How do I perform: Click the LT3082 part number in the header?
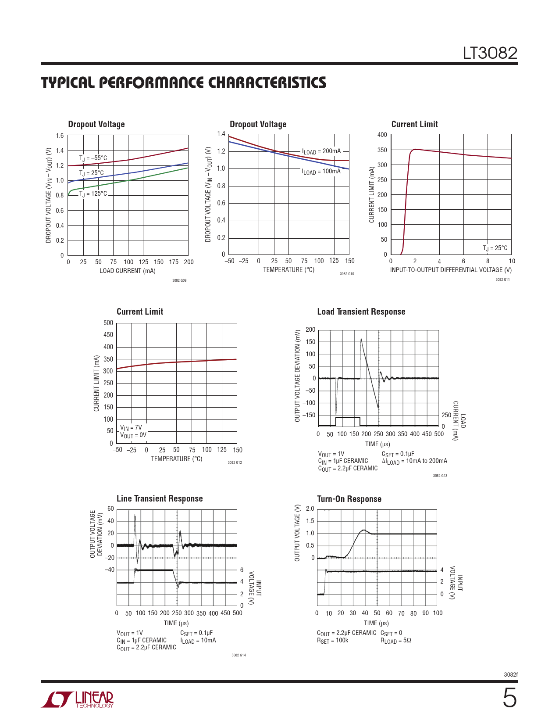pos(490,54)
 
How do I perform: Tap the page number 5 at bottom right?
pos(509,699)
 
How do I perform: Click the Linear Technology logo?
pos(78,699)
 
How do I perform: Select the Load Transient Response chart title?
pos(361,312)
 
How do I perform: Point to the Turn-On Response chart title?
pos(349,499)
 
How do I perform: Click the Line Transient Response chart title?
pos(160,498)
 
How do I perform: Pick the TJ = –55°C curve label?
pos(93,158)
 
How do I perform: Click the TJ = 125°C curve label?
pos(93,194)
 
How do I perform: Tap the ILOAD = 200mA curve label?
pos(321,151)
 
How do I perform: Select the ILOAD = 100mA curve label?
pos(321,172)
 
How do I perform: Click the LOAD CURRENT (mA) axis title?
pos(128,271)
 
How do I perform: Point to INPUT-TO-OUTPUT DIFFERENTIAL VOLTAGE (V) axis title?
pos(451,270)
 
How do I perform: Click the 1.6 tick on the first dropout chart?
pos(60,136)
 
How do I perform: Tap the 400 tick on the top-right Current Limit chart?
pos(382,135)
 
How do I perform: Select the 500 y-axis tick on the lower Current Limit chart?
pos(108,323)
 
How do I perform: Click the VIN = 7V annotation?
pos(131,427)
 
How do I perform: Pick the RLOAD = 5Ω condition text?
pos(396,640)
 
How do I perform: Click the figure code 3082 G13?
pos(440,476)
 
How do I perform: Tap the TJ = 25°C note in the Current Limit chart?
pos(495,248)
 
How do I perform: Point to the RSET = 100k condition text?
pos(332,640)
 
